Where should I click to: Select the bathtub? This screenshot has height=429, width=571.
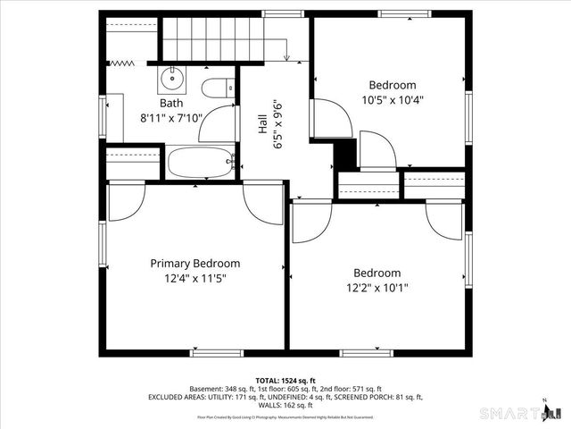pyautogui.click(x=200, y=164)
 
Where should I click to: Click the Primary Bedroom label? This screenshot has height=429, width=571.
pyautogui.click(x=194, y=264)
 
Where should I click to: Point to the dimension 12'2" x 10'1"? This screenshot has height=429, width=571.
pyautogui.click(x=377, y=288)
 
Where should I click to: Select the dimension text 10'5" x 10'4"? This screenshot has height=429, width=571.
pyautogui.click(x=392, y=100)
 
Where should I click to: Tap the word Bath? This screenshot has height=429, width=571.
pyautogui.click(x=171, y=104)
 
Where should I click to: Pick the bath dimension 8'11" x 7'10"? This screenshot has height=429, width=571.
pyautogui.click(x=171, y=118)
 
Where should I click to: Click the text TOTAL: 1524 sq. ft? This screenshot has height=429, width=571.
pyautogui.click(x=285, y=380)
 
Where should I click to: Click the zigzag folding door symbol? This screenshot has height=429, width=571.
pyautogui.click(x=119, y=63)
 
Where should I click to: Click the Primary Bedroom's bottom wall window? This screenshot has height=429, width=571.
pyautogui.click(x=217, y=353)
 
